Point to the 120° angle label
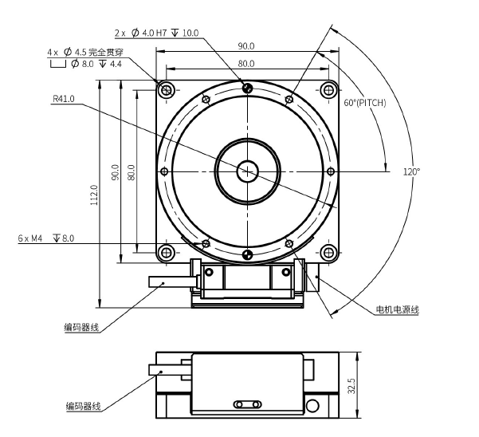pyautogui.click(x=411, y=171)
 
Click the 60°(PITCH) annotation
pyautogui.click(x=364, y=103)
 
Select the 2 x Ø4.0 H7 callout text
pyautogui.click(x=156, y=33)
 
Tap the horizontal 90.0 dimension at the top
pyautogui.click(x=245, y=45)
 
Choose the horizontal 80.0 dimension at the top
pyautogui.click(x=245, y=63)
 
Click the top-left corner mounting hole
pyautogui.click(x=166, y=89)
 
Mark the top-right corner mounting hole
pyautogui.click(x=327, y=89)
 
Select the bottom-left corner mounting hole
pyautogui.click(x=166, y=253)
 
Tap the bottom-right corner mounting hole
pyautogui.click(x=327, y=253)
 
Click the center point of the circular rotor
pyautogui.click(x=246, y=170)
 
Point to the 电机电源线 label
pyautogui.click(x=397, y=309)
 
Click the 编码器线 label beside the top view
pyautogui.click(x=82, y=327)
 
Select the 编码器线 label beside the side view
pyautogui.click(x=83, y=406)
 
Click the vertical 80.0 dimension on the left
pyautogui.click(x=132, y=171)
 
